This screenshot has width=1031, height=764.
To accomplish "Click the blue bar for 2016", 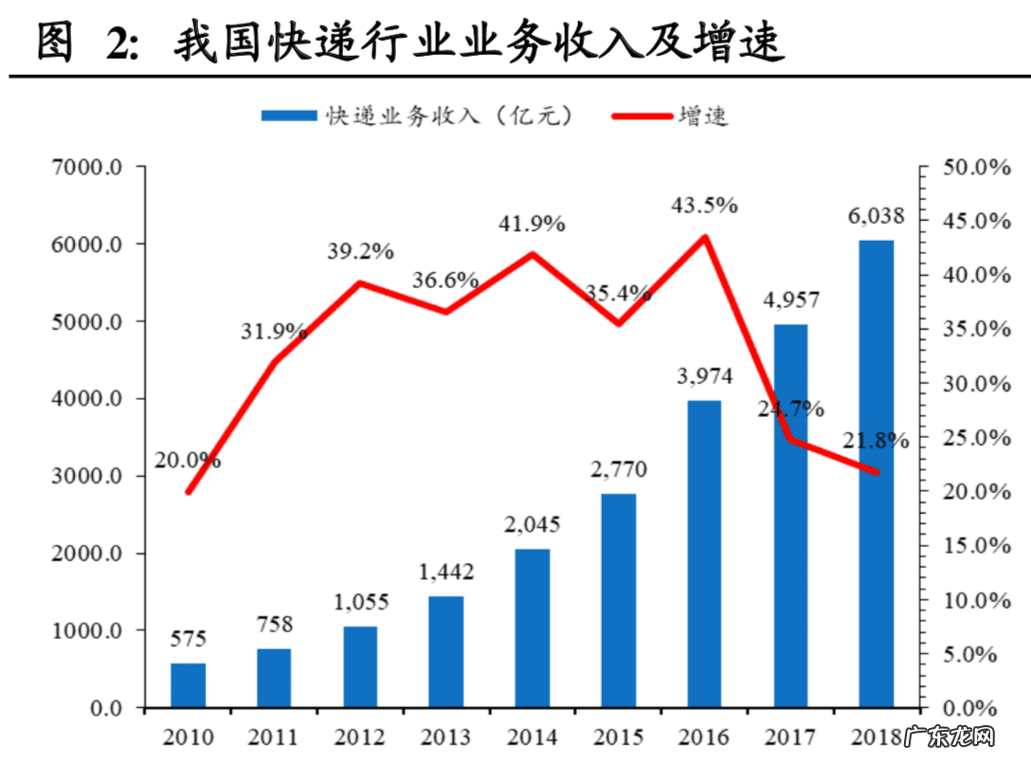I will coord(704,554).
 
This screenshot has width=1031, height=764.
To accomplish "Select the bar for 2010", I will coord(188,684).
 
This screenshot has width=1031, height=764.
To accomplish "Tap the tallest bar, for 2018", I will coord(877,474).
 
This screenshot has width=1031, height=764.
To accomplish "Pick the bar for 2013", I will coord(446,651).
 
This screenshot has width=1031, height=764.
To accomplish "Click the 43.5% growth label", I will coord(703,206).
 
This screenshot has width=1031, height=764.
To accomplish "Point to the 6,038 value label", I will coord(876,217).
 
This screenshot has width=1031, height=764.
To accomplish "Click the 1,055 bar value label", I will coord(360,603).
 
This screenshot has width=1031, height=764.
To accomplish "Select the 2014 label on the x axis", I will coord(533,737).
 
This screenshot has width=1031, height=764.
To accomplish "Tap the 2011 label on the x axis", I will coord(274,737).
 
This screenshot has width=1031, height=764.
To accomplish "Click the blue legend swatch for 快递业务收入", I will coord(288,116).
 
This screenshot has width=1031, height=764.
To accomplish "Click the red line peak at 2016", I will coord(704,237).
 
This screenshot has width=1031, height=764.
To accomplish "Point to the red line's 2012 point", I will coord(360,282).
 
